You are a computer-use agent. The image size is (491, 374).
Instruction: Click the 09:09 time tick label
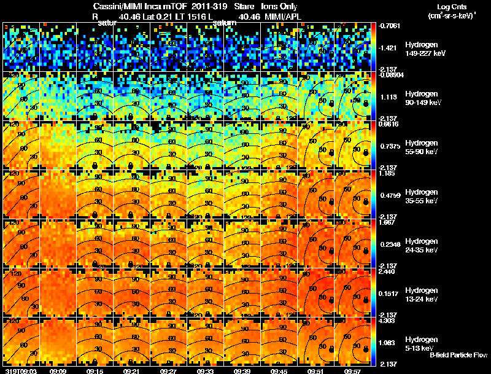58,371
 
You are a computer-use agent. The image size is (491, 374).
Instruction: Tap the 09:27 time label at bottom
169,371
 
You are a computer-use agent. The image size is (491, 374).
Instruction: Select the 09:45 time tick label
279,371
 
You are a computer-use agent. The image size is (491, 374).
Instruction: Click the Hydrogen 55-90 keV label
421,147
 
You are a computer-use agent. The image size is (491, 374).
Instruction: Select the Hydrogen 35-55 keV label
421,197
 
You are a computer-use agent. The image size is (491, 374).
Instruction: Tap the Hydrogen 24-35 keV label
421,246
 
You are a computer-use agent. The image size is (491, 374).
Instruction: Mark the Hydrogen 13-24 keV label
421,295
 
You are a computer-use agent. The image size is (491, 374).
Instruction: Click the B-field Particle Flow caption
458,355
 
